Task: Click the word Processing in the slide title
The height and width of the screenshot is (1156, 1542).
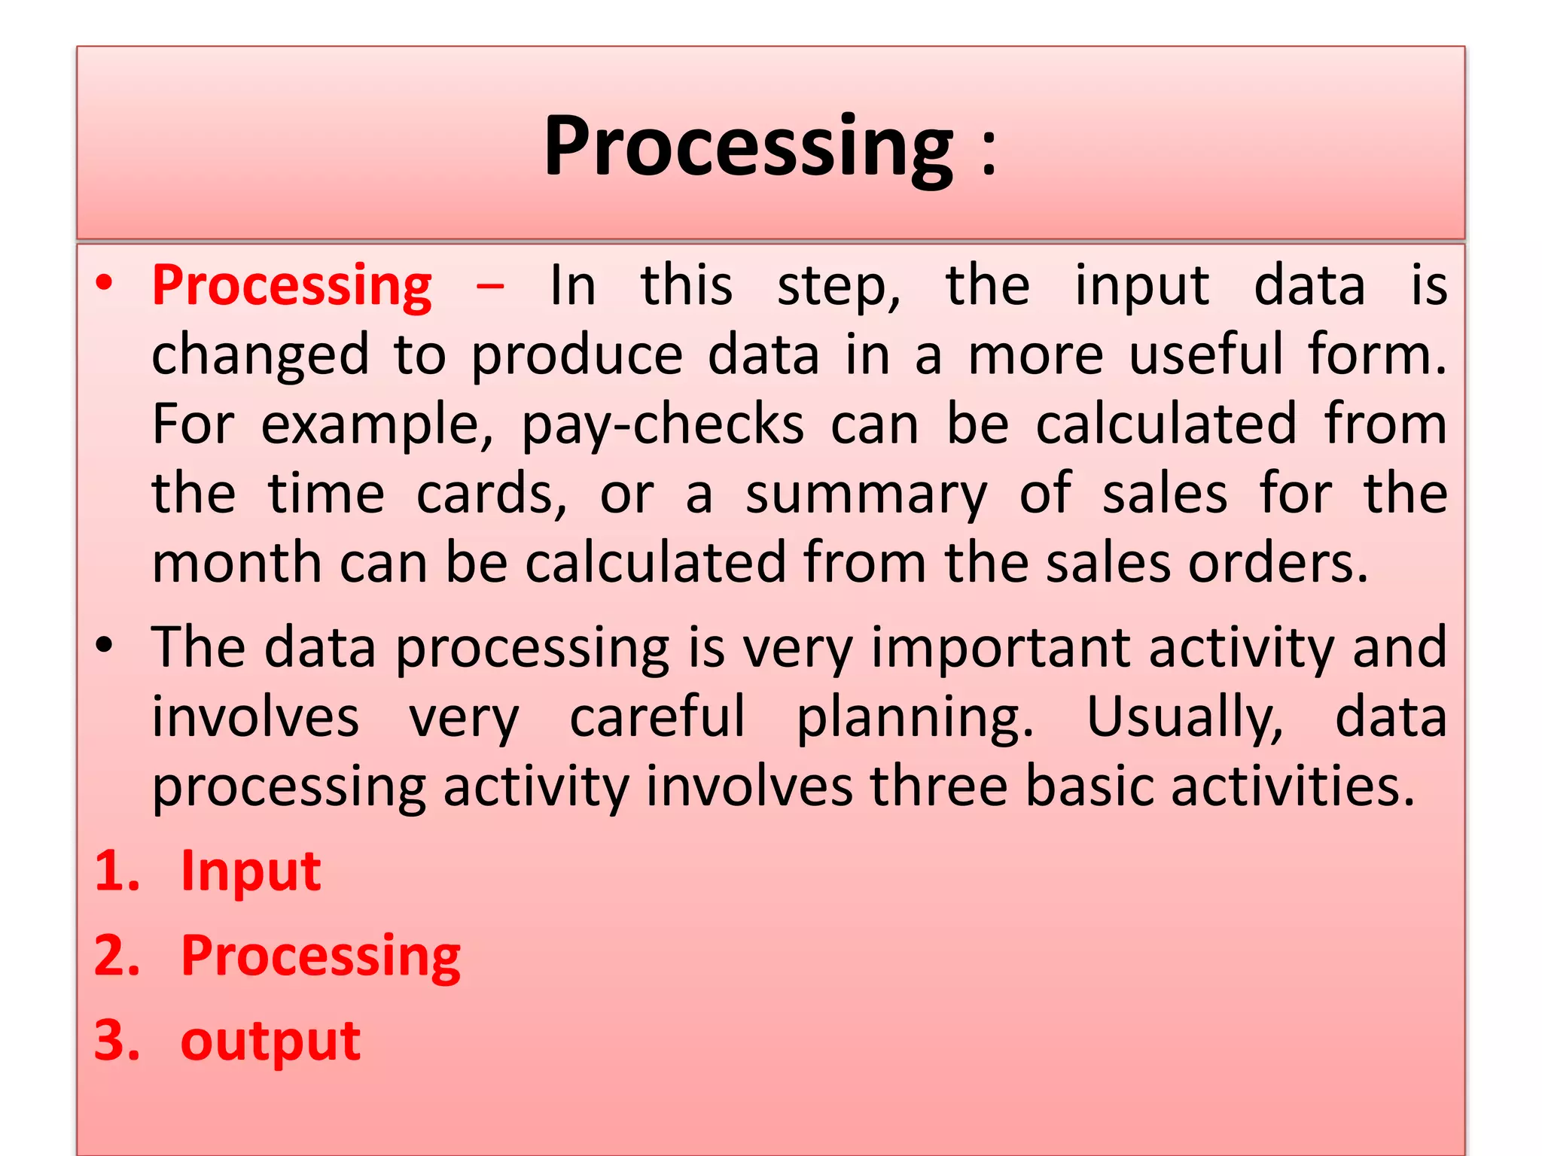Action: [x=748, y=147]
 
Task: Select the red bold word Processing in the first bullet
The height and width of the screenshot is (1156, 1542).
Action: [x=292, y=287]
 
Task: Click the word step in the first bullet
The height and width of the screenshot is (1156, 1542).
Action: [x=838, y=287]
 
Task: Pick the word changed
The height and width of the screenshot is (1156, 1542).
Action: [x=261, y=356]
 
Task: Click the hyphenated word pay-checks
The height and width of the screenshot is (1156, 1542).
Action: [x=663, y=426]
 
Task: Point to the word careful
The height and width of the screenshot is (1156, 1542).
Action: [x=657, y=716]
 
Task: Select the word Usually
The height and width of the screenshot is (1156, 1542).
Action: [x=1184, y=718]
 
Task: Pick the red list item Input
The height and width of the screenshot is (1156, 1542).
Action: [x=251, y=872]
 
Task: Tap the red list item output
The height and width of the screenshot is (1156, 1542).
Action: [x=270, y=1042]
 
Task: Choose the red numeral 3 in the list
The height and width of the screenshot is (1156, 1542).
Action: [x=112, y=1041]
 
